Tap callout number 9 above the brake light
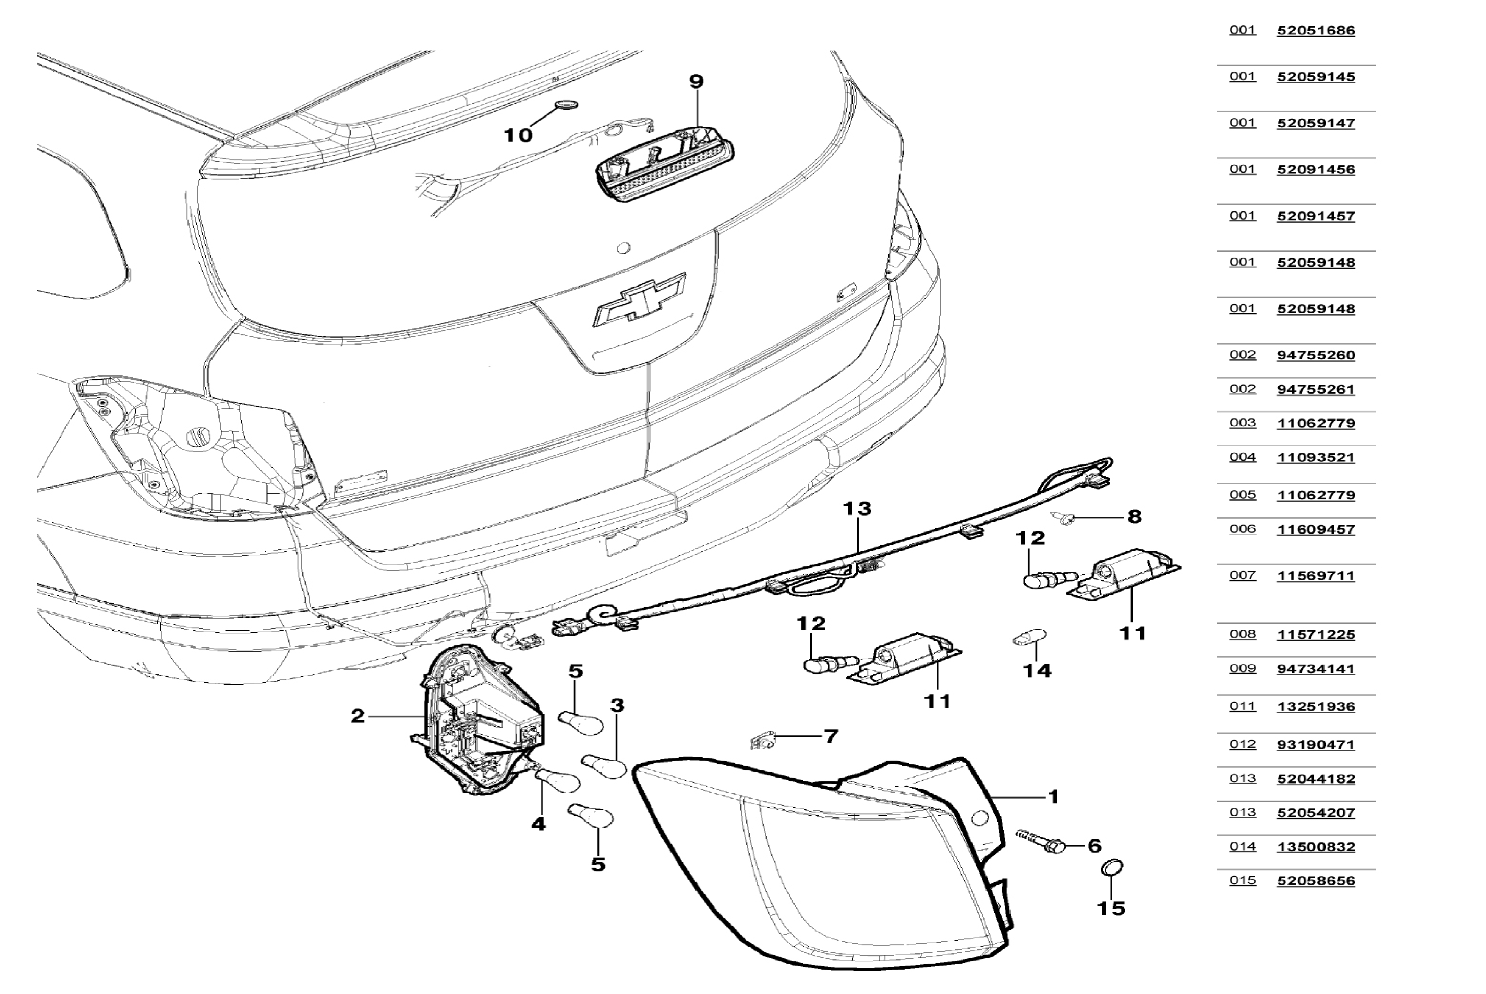[x=696, y=82]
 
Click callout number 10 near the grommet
[x=518, y=135]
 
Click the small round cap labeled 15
[x=1112, y=867]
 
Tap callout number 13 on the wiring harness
[x=857, y=508]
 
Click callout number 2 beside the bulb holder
[x=358, y=717]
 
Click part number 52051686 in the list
[x=1316, y=30]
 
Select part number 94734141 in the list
[x=1316, y=669]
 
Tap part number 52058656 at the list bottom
[x=1316, y=881]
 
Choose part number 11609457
[x=1316, y=529]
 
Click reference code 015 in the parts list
[x=1242, y=881]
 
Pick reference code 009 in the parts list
[x=1242, y=669]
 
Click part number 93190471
[x=1316, y=744]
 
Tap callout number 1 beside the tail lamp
[x=1053, y=797]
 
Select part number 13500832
[x=1316, y=847]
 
